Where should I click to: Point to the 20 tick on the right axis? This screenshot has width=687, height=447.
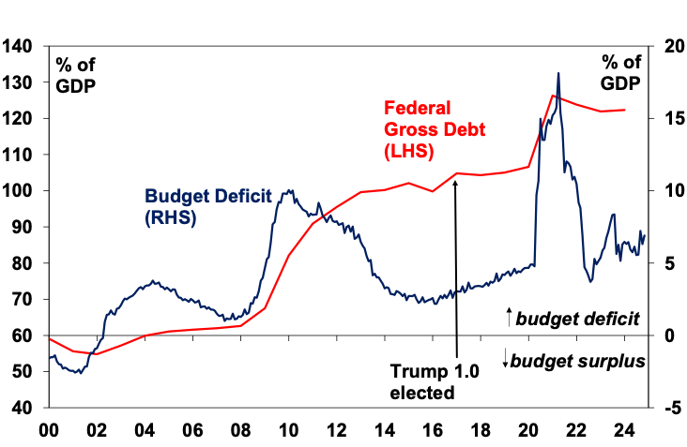pyautogui.click(x=672, y=46)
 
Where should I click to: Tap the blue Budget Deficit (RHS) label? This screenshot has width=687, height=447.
pyautogui.click(x=207, y=206)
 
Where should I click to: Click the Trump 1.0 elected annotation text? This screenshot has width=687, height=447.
pyautogui.click(x=435, y=381)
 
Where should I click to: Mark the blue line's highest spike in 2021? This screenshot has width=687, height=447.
pyautogui.click(x=558, y=73)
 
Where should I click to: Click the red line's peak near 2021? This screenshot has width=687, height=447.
pyautogui.click(x=553, y=96)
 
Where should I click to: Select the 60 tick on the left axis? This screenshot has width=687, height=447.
pyautogui.click(x=23, y=335)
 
